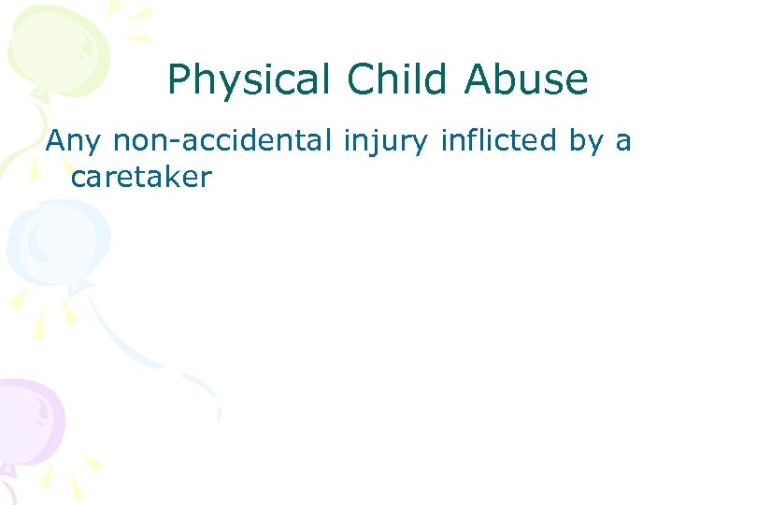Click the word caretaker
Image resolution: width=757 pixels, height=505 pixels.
click(141, 176)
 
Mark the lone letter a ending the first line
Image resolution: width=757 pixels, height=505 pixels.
click(623, 143)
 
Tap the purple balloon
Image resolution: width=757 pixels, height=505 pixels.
click(28, 421)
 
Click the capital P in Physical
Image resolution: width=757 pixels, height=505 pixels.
click(179, 80)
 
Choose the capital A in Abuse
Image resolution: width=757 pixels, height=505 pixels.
click(478, 80)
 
